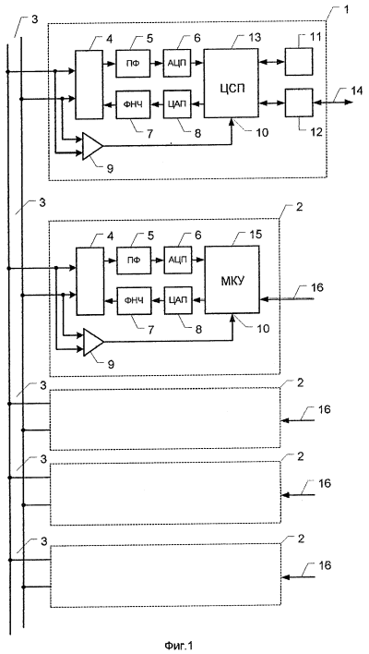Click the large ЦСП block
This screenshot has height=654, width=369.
(x=231, y=82)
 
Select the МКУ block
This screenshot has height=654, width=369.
(x=232, y=280)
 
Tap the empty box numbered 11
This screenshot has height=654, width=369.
(x=299, y=61)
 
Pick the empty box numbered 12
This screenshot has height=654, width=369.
(x=299, y=103)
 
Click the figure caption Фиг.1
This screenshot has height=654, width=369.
(x=179, y=646)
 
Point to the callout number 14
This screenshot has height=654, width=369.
(x=346, y=91)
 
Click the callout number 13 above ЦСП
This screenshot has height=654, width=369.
(x=255, y=38)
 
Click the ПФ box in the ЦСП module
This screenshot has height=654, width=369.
(x=133, y=63)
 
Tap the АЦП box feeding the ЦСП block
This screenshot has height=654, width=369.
(x=177, y=63)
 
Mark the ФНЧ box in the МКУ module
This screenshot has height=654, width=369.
(x=134, y=300)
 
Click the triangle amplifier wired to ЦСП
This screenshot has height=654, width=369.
(x=92, y=146)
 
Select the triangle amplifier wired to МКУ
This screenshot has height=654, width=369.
(x=93, y=343)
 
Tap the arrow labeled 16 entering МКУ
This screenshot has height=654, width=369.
(x=286, y=298)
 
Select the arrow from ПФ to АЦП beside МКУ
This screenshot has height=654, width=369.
(x=158, y=260)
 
